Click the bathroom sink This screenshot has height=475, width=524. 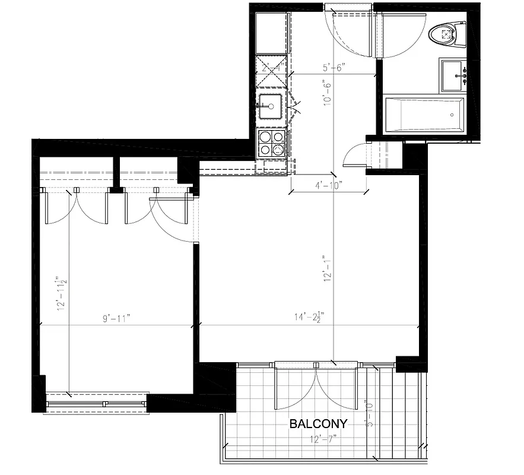[x=454, y=75]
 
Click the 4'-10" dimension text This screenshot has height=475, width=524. [x=328, y=185]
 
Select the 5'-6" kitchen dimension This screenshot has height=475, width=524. [x=334, y=68]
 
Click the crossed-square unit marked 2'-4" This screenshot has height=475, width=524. [x=271, y=71]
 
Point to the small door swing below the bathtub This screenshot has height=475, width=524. [x=358, y=156]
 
